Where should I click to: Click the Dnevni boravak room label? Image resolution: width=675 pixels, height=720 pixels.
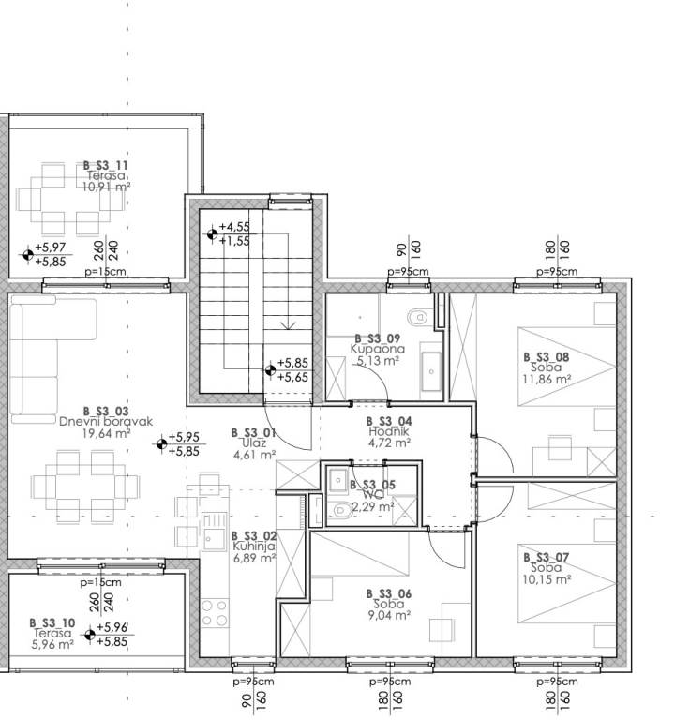tap(106, 422)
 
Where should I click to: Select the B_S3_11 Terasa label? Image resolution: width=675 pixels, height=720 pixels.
tap(106, 171)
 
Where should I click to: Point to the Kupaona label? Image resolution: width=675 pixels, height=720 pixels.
tap(378, 349)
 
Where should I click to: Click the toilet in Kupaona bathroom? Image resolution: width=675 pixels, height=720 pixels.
tap(417, 316)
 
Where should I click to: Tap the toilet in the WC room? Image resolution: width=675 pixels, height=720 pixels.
tap(339, 510)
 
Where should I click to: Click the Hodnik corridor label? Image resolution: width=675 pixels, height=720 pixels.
tap(389, 431)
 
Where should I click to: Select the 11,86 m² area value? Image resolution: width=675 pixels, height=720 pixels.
tap(547, 380)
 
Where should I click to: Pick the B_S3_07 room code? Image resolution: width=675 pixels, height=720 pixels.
tap(546, 558)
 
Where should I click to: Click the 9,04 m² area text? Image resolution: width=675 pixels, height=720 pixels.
tap(389, 615)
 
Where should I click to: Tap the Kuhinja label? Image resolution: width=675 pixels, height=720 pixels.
tap(254, 547)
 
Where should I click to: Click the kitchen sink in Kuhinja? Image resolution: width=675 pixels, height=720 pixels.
tap(214, 532)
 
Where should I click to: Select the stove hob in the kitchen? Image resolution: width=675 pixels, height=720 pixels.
tap(215, 613)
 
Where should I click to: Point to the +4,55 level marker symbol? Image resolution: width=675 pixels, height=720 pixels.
tap(212, 234)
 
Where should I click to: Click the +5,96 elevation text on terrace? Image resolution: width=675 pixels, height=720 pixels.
tap(112, 627)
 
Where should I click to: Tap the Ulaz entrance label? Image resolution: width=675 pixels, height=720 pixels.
tap(253, 443)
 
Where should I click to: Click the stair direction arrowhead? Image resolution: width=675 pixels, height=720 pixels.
tap(288, 325)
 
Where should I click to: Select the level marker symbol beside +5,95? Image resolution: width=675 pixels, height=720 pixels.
tap(161, 443)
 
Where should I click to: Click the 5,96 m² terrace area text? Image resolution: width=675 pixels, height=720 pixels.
tap(52, 644)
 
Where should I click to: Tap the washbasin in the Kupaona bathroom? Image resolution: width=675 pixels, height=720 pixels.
tap(431, 371)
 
